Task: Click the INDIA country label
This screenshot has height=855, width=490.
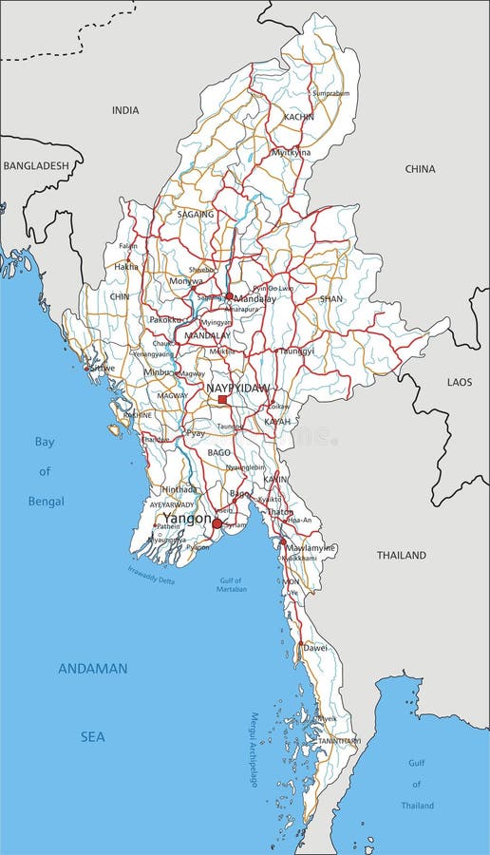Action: (x=125, y=110)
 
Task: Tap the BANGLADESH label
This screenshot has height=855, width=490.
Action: (x=36, y=165)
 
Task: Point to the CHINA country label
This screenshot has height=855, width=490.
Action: (x=420, y=169)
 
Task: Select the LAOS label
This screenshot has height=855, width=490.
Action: (x=460, y=381)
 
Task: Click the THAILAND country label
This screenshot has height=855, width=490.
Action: (x=402, y=555)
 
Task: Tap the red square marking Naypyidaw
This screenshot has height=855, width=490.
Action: (x=222, y=400)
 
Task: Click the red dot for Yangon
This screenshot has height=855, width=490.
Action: (x=217, y=523)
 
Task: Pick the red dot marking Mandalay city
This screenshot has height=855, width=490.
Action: (x=229, y=296)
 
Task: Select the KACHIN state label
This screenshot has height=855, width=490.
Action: (x=298, y=117)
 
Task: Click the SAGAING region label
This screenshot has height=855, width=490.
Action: (x=196, y=215)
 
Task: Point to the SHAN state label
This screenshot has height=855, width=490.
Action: (x=330, y=298)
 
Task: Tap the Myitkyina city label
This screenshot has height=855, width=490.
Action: (x=292, y=152)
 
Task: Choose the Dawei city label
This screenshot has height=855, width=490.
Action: (x=315, y=648)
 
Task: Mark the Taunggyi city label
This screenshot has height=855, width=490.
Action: (x=294, y=351)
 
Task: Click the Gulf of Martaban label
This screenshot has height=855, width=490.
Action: (x=230, y=584)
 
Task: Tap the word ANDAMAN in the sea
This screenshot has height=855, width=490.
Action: (x=92, y=669)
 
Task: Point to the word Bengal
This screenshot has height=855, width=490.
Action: (x=46, y=501)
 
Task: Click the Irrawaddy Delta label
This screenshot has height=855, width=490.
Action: (x=152, y=575)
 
